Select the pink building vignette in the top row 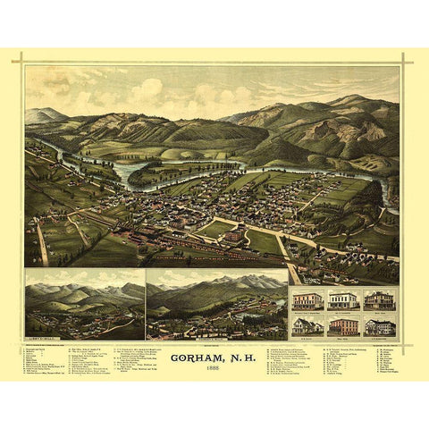point(307,300)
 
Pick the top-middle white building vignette point(342,300)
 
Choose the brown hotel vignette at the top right point(378,300)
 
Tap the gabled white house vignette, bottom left point(307,326)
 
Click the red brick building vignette point(342,326)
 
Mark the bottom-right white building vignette point(378,326)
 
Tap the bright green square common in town point(216,229)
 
